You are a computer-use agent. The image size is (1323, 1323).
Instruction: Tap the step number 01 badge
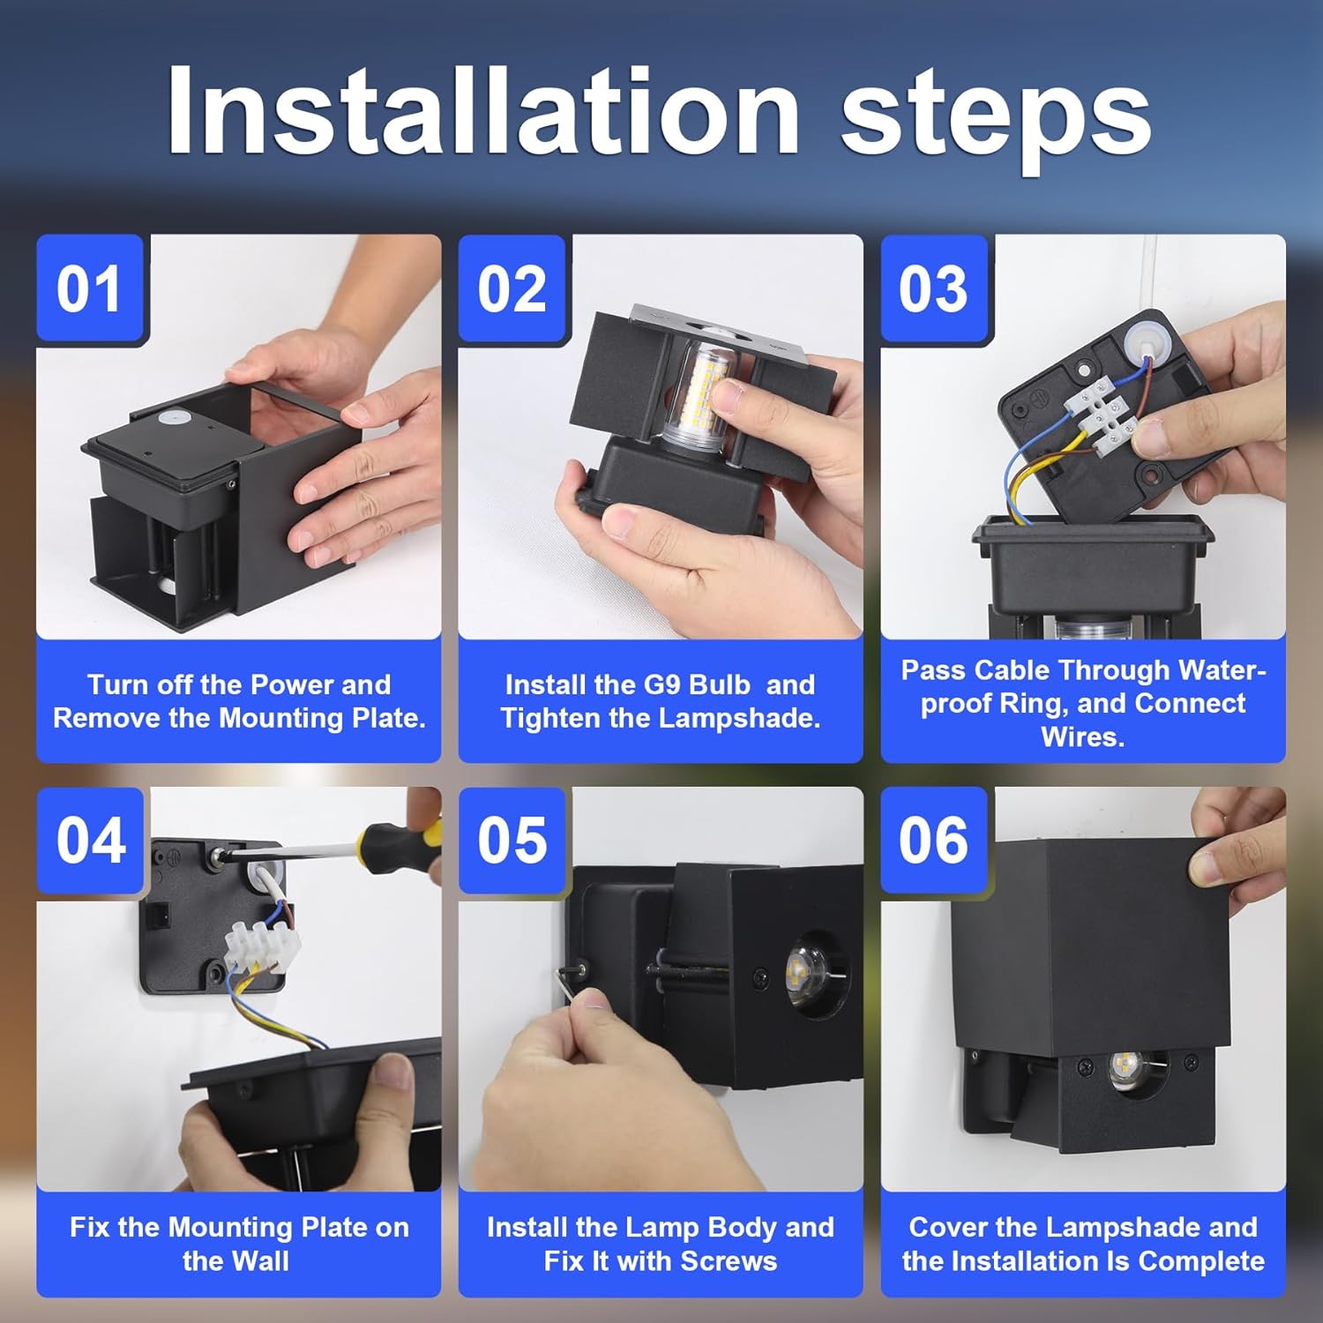(x=89, y=289)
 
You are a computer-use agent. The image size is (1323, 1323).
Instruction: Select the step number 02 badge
(x=512, y=289)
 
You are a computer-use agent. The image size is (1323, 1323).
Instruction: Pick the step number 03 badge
(x=933, y=289)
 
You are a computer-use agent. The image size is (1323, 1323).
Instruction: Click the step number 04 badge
(x=90, y=840)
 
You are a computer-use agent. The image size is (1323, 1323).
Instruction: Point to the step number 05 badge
(x=512, y=840)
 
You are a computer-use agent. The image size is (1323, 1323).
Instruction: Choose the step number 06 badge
(x=933, y=840)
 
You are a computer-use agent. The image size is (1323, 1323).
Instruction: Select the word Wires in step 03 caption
(x=1082, y=736)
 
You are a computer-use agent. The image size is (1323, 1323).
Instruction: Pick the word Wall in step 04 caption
(x=235, y=1260)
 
